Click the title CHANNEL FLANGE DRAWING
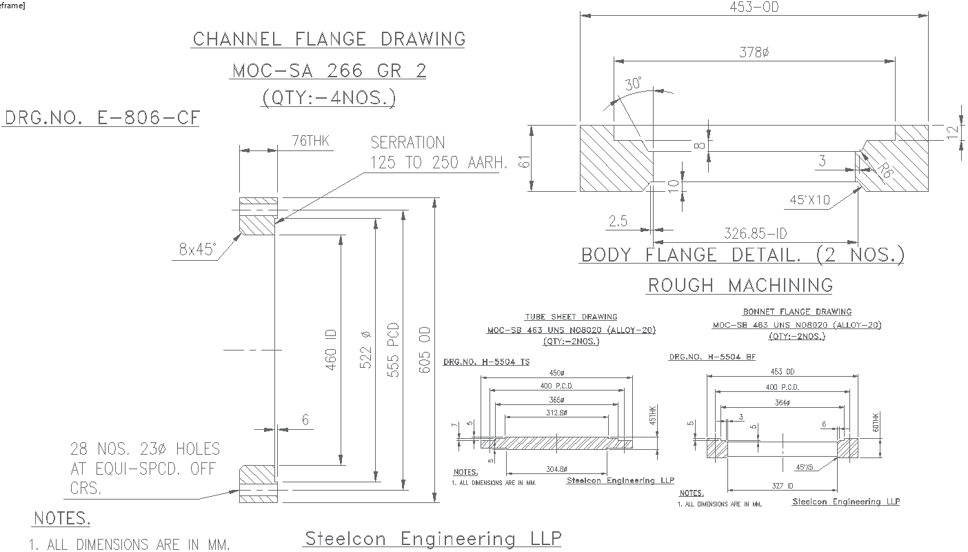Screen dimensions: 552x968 329,39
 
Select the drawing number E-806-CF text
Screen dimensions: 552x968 102,118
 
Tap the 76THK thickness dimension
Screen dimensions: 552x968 310,142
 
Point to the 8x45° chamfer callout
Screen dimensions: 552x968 197,250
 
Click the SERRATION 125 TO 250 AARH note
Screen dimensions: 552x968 438,153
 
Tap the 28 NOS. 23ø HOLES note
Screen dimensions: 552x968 145,469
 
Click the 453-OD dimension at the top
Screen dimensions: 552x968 754,8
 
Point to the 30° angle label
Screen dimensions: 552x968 634,85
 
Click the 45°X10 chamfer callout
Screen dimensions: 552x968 809,200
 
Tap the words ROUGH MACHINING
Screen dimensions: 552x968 740,285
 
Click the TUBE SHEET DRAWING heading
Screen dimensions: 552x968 571,317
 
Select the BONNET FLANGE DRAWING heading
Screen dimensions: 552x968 797,312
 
